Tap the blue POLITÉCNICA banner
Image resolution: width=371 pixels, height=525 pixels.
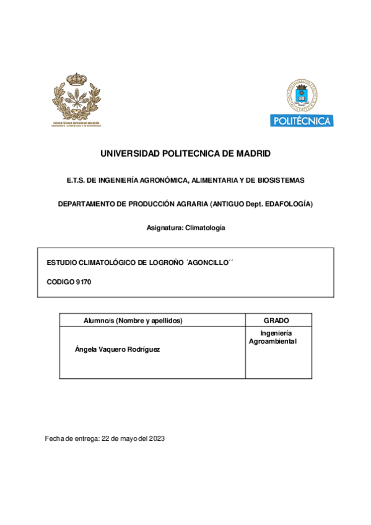pyautogui.click(x=302, y=121)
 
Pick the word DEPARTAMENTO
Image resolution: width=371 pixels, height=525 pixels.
pyautogui.click(x=87, y=204)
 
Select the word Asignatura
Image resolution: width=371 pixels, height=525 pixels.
pyautogui.click(x=165, y=228)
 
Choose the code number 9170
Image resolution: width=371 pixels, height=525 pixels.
pyautogui.click(x=84, y=282)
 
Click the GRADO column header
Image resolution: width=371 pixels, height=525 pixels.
pyautogui.click(x=276, y=320)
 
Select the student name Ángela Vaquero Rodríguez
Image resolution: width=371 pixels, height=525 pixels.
pyautogui.click(x=117, y=349)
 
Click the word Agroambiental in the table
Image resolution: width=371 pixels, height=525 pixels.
pyautogui.click(x=273, y=341)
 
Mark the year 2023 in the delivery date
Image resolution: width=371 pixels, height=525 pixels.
pyautogui.click(x=156, y=438)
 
